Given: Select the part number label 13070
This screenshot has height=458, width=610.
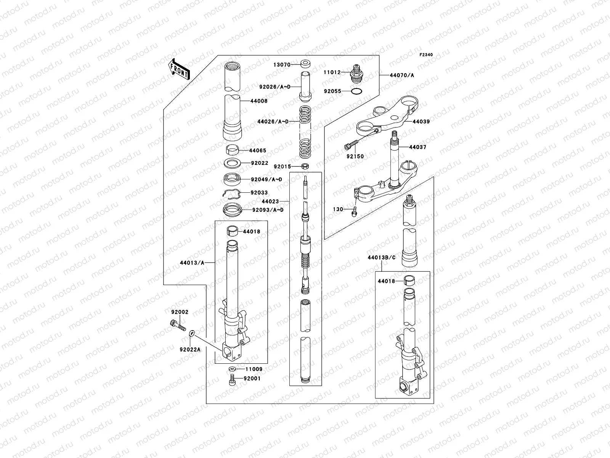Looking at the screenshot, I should point(281,65).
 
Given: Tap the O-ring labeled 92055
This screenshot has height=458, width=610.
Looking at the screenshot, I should point(356,92).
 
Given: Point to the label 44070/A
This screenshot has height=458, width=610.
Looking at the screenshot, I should point(401,75).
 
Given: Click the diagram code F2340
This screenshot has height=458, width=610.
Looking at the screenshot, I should point(427,55).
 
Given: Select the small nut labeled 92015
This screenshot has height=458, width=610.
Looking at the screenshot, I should point(305,166).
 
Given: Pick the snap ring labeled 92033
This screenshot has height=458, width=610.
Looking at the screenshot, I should point(231,194).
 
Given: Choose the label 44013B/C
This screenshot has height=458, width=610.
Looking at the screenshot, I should point(382,258).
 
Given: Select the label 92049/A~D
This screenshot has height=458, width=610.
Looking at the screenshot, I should point(266,179).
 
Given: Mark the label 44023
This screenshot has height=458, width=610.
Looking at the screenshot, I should point(270,201).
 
